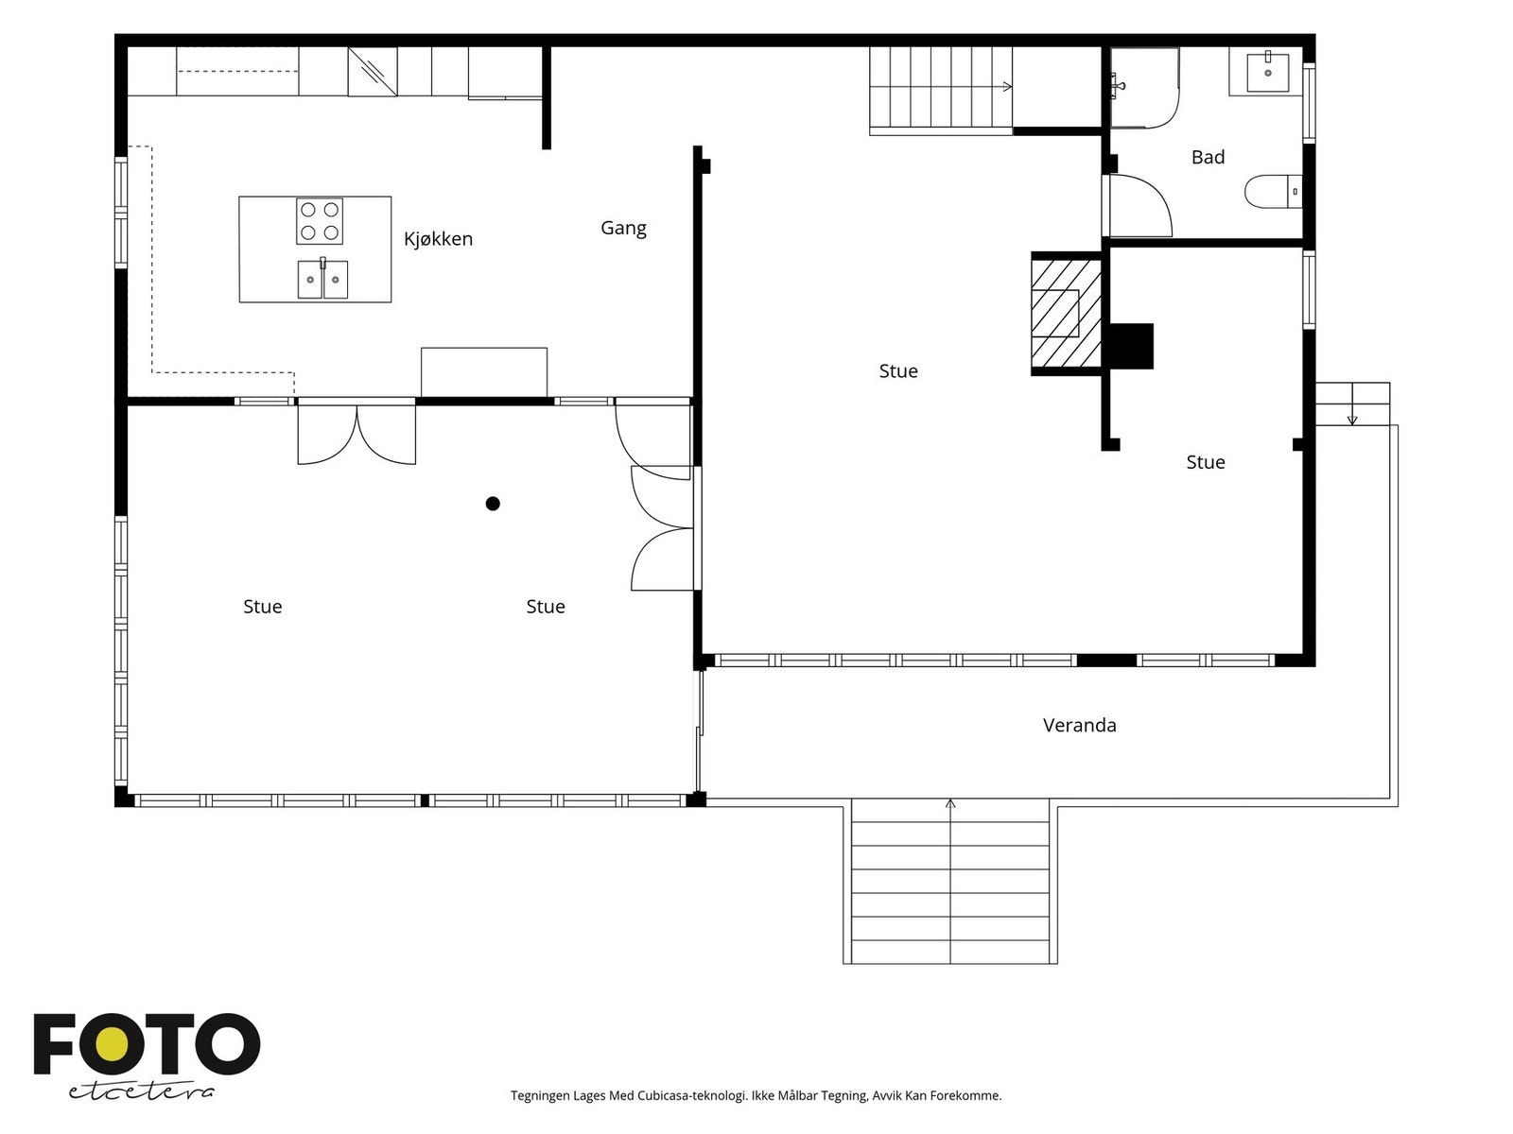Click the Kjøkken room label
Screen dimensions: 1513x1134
438,239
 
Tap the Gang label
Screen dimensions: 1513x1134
623,228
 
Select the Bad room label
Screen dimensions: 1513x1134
1208,157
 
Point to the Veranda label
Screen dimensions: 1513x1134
1079,725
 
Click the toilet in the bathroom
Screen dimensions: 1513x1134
1273,191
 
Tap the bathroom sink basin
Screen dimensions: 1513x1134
1267,73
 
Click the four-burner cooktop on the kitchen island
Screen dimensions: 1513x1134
319,221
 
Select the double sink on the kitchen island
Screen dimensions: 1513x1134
322,279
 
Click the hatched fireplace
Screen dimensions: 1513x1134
1066,314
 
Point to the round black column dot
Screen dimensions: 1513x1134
492,504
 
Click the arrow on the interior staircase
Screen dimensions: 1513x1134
1007,87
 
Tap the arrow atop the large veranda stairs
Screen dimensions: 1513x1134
949,803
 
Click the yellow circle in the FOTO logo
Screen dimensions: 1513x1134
111,1044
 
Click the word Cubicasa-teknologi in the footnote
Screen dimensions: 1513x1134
692,1095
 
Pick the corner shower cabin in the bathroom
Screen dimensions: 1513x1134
1144,88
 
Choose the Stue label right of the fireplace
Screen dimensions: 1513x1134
1205,462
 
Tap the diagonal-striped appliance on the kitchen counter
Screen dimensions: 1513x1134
373,72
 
